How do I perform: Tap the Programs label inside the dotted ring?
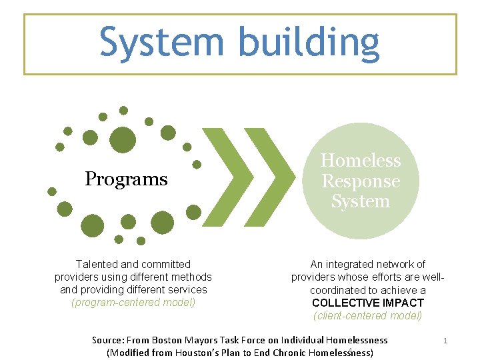(126, 179)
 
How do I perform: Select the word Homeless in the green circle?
(361, 161)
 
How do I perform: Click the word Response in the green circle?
(361, 181)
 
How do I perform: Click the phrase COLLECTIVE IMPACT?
(367, 303)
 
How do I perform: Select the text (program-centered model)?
(133, 302)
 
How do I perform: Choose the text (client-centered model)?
(367, 315)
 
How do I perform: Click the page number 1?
(445, 341)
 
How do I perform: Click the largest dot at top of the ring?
(122, 139)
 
